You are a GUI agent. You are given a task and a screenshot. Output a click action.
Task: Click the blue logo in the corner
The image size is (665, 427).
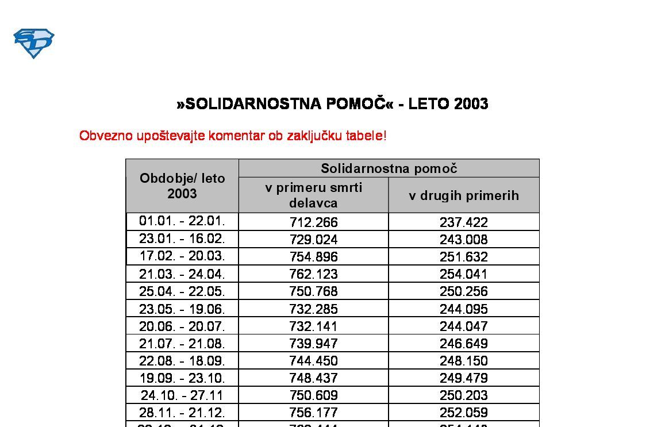click(33, 43)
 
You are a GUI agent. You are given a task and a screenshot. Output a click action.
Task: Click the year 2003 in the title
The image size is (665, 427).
click(471, 104)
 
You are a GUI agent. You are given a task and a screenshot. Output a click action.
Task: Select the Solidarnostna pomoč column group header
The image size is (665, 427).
click(389, 168)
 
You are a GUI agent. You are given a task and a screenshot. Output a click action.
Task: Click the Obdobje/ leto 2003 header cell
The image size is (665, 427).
click(182, 186)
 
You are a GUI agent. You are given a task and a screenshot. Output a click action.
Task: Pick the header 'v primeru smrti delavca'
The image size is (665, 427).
click(313, 195)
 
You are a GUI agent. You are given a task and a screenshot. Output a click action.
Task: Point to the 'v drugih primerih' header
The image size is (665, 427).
click(464, 195)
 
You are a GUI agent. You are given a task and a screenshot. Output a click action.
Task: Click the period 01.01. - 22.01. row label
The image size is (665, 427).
click(182, 221)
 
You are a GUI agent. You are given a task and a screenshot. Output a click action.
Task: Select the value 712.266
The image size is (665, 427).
click(313, 222)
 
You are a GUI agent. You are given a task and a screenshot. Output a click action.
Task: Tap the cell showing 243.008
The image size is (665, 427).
click(464, 240)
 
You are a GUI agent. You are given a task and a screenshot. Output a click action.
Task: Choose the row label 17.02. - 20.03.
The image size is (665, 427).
click(182, 256)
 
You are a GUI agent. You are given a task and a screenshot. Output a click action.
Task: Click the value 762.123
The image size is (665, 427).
click(313, 274)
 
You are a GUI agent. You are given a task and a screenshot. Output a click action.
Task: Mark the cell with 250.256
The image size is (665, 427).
click(464, 291)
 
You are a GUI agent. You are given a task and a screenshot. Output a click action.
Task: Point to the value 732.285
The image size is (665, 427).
click(313, 309)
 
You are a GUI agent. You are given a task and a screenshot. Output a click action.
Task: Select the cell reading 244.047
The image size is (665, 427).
click(464, 326)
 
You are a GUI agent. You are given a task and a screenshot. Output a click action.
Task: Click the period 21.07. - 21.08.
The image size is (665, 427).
click(182, 344)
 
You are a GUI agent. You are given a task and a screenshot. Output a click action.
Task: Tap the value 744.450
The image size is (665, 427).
click(313, 361)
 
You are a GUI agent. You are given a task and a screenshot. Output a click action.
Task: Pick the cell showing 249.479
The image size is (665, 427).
click(464, 378)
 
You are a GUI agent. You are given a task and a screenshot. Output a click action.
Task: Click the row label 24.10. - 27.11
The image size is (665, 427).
click(182, 395)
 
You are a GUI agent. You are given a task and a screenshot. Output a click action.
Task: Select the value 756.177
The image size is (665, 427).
click(313, 413)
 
